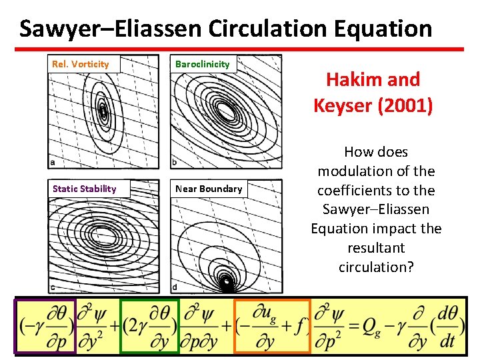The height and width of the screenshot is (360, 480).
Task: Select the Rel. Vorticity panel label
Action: [x=80, y=64]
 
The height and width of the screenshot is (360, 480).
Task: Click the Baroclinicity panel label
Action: [x=202, y=64]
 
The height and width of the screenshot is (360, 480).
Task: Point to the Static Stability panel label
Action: [x=84, y=189]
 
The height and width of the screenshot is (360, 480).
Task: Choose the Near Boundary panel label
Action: [x=209, y=189]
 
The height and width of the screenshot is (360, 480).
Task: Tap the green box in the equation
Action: [x=149, y=326]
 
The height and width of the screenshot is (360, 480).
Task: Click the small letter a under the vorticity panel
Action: [x=52, y=162]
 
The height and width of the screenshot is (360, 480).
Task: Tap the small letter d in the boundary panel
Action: [x=175, y=287]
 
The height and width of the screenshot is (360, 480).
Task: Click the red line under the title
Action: [x=239, y=49]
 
